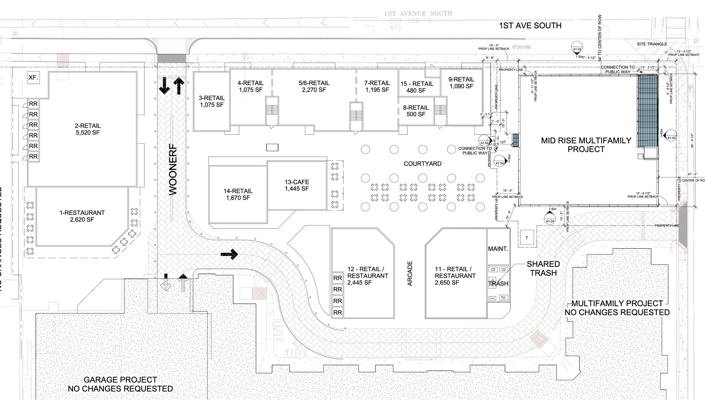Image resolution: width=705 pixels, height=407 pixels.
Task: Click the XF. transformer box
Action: (33, 77)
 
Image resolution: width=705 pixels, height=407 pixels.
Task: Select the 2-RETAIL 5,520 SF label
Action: (88, 129)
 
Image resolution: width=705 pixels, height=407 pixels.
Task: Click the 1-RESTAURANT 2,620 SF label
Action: (82, 216)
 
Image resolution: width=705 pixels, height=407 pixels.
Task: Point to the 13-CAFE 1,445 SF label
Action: (297, 185)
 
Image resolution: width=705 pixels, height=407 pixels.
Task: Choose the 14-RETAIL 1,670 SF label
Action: (238, 194)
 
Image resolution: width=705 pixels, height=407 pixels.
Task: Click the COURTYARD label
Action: (422, 164)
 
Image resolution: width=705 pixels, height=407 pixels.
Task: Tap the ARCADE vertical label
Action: (410, 273)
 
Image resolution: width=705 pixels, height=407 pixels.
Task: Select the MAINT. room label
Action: (498, 249)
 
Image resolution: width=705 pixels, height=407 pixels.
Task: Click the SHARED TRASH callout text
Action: (543, 269)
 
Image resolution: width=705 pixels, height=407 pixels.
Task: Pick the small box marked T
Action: (526, 238)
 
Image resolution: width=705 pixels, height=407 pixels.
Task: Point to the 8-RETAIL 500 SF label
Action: (416, 111)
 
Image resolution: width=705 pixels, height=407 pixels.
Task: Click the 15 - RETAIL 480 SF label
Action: (417, 87)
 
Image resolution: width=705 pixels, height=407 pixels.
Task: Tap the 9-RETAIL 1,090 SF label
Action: (461, 83)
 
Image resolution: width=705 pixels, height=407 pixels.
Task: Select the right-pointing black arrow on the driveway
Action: (230, 254)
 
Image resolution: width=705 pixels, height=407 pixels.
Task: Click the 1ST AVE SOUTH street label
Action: (530, 26)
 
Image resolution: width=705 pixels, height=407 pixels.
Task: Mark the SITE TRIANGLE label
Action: (652, 44)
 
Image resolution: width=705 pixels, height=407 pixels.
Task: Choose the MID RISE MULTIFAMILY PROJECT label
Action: (586, 145)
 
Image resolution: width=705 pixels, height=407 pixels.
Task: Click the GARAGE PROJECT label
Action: (120, 384)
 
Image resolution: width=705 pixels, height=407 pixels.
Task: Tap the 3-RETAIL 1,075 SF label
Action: (212, 101)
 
